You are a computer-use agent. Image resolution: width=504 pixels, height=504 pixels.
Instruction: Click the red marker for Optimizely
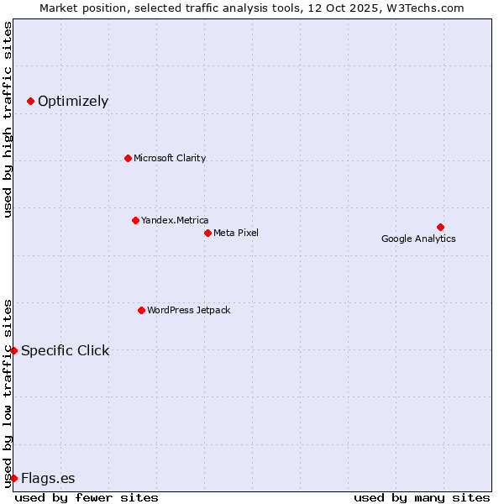30,101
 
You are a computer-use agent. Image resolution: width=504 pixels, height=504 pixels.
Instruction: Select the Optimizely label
73,102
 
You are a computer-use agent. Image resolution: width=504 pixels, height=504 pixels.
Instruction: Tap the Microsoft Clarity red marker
128,158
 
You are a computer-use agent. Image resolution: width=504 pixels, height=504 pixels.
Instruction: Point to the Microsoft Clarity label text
170,158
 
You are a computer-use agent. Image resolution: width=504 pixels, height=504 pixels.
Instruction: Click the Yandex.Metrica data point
135,220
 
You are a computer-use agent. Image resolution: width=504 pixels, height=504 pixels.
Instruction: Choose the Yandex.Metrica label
175,220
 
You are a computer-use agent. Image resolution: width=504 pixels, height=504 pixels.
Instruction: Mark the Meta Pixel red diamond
207,233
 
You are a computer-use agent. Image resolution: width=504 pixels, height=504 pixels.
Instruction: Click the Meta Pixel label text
236,233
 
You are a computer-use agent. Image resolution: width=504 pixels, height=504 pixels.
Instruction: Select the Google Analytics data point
440,227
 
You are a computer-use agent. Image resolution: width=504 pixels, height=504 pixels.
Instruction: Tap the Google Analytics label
418,239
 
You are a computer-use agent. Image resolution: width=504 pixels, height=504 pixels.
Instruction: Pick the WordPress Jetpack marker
141,310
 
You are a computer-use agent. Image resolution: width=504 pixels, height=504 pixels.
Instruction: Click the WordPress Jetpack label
189,310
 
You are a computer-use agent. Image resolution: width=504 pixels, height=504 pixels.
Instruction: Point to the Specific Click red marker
13,350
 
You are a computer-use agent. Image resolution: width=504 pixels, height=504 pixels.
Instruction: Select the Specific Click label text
66,350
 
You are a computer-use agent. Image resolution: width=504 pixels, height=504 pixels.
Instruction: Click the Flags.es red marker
13,478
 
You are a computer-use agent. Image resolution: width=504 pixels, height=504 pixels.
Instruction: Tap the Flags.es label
48,479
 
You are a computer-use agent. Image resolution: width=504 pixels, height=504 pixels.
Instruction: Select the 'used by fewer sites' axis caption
87,497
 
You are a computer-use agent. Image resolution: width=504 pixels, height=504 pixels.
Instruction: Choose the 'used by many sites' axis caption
422,497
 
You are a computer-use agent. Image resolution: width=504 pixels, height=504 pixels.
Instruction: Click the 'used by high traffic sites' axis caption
8,119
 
